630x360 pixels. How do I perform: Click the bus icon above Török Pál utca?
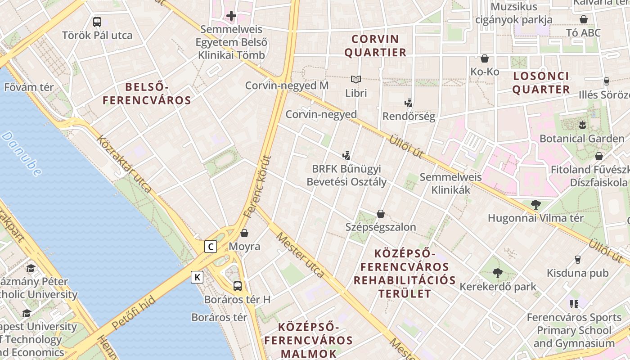pyautogui.click(x=97, y=22)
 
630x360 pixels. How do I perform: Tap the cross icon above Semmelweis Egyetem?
pyautogui.click(x=231, y=16)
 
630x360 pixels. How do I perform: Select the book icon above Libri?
pyautogui.click(x=356, y=80)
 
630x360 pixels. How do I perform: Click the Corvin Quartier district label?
pyautogui.click(x=375, y=45)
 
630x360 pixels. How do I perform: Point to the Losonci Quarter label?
pyautogui.click(x=541, y=82)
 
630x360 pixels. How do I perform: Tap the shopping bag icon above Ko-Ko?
pyautogui.click(x=485, y=58)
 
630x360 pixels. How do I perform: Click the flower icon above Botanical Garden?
pyautogui.click(x=582, y=125)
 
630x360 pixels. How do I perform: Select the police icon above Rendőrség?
pyautogui.click(x=409, y=103)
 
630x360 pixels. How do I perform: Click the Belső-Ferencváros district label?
pyautogui.click(x=147, y=93)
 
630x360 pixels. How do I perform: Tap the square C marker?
pyautogui.click(x=211, y=247)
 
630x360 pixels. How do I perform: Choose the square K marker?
pyautogui.click(x=197, y=277)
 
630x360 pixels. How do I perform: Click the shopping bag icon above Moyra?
pyautogui.click(x=244, y=233)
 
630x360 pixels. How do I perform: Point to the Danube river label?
pyautogui.click(x=22, y=153)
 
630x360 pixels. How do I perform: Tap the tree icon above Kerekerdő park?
pyautogui.click(x=497, y=273)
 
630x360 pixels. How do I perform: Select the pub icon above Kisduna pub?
pyautogui.click(x=577, y=260)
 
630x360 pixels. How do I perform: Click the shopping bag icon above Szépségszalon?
pyautogui.click(x=381, y=213)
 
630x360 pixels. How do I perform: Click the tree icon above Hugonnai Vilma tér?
pyautogui.click(x=535, y=205)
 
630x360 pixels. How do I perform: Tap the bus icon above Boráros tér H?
pyautogui.click(x=237, y=286)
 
